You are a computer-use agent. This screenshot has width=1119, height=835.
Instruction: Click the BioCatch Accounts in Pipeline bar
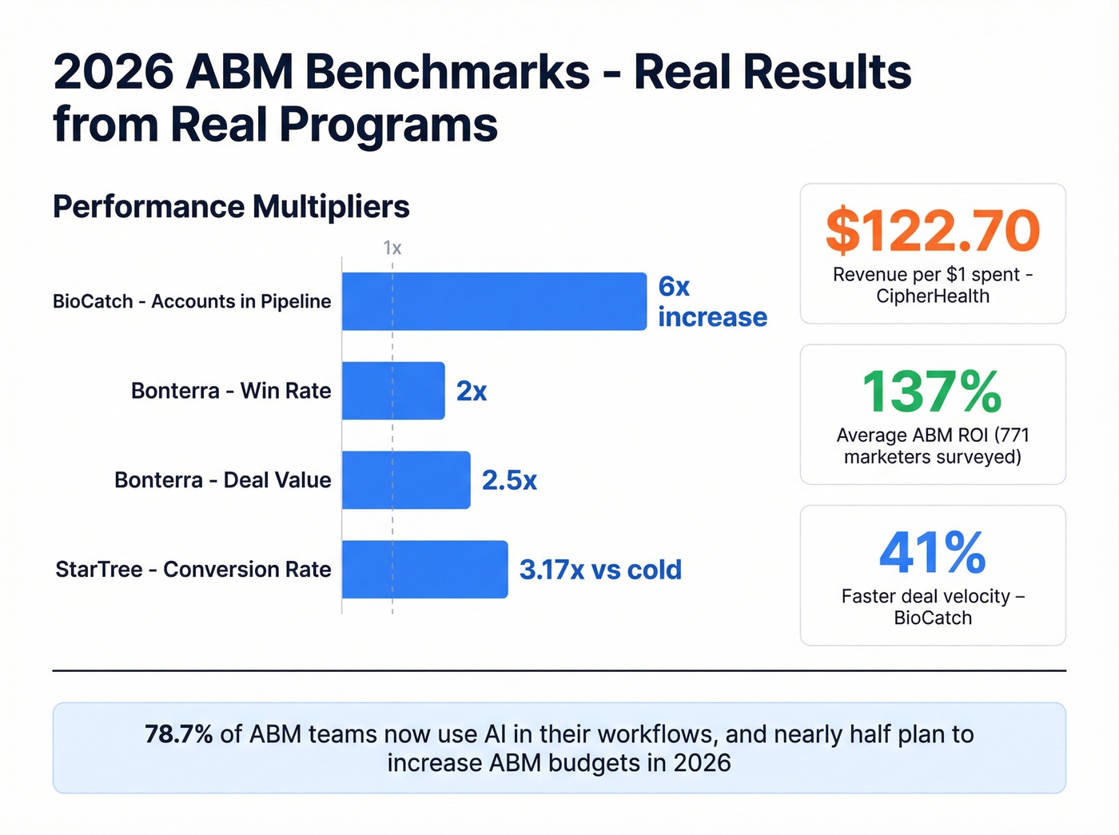point(494,301)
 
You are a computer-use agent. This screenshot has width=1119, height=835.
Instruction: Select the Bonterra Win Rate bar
point(393,391)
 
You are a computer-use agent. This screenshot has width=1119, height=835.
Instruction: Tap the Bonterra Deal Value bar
point(406,480)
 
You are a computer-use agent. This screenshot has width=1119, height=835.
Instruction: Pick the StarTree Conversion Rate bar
point(424,570)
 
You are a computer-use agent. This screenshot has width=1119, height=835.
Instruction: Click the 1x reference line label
point(392,248)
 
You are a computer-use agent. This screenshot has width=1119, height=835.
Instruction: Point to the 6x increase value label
point(711,302)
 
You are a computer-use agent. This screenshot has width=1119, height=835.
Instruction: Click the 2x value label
point(472,392)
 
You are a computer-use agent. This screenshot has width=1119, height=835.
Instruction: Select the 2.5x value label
point(509,480)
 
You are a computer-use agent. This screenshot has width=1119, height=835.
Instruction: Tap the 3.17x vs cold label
point(600,570)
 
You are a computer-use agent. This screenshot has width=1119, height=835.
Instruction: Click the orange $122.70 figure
point(933,230)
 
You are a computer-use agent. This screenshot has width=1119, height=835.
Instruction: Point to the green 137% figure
point(932,392)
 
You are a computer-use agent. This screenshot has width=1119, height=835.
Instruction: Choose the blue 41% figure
point(932,552)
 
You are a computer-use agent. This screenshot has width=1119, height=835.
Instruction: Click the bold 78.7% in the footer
point(178,734)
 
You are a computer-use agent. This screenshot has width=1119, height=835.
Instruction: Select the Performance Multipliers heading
point(231,207)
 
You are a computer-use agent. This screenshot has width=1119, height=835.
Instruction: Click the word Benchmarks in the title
point(447,72)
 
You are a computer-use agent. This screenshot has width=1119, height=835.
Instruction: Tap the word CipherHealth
point(933,296)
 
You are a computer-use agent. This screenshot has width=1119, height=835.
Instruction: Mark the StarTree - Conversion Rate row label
point(193,570)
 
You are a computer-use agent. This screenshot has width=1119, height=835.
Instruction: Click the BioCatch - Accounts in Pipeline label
point(192,301)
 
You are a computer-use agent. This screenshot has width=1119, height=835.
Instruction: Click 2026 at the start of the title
point(113,72)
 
